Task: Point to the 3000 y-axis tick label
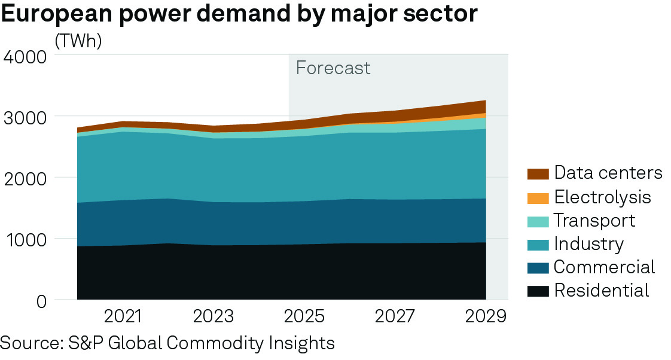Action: coord(25,117)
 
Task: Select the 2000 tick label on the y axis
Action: coord(25,178)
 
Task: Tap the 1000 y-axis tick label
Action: coord(25,239)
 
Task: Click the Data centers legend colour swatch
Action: coord(538,173)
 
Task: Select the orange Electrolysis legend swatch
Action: coord(538,197)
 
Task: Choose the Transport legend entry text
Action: coord(594,220)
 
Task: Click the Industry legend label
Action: coord(589,243)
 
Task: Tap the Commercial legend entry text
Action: coord(605,267)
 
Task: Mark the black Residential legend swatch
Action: coord(538,291)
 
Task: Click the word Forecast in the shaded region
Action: coord(333,68)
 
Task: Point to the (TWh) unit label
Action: coord(78,41)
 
